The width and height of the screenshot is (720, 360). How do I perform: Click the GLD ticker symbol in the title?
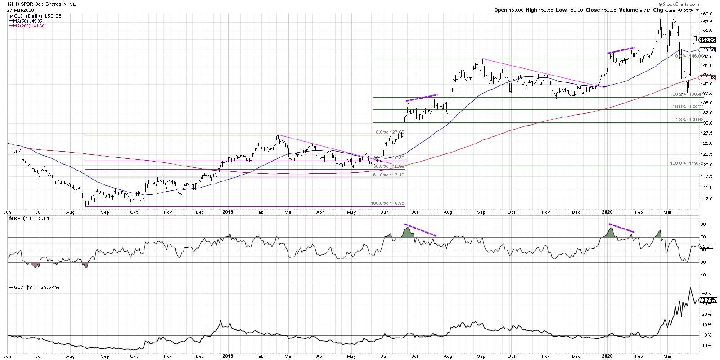12,3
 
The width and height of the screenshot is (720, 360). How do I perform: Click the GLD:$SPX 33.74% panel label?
31,287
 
